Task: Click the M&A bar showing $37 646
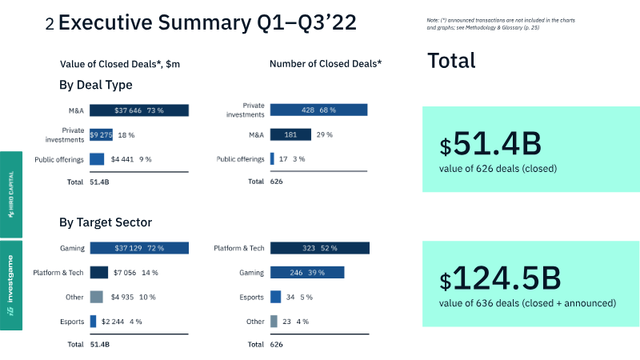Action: coord(138,111)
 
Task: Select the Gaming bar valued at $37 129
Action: coord(138,248)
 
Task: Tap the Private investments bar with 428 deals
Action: coord(318,110)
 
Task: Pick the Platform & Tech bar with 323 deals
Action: coord(319,248)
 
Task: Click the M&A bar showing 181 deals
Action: coord(290,134)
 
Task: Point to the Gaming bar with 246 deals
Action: coord(307,273)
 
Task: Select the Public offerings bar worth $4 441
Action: coord(97,159)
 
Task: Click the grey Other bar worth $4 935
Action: coord(97,297)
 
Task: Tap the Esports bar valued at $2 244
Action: coord(93,321)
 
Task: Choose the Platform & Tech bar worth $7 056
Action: coord(99,273)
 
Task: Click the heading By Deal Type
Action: coord(95,85)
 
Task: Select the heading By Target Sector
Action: coord(106,222)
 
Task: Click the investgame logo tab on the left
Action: coord(10,286)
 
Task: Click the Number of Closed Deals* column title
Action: coord(326,63)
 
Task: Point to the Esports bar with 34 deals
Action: coord(276,297)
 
